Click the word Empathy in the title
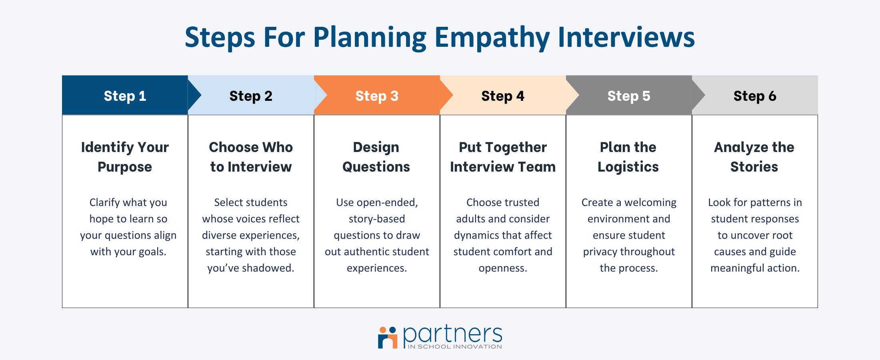[x=492, y=38]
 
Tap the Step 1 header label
[x=125, y=96]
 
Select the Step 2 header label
[x=251, y=96]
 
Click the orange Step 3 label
[x=377, y=96]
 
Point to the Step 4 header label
[x=503, y=96]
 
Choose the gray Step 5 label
[x=629, y=96]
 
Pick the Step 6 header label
[x=755, y=96]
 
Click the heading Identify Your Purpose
[x=125, y=157]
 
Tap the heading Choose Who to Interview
[x=251, y=157]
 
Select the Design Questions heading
[x=376, y=157]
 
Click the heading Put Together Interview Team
[x=503, y=157]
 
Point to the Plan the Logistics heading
[x=628, y=157]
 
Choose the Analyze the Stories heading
[x=754, y=157]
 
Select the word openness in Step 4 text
[x=503, y=268]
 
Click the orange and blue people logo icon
[x=388, y=338]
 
